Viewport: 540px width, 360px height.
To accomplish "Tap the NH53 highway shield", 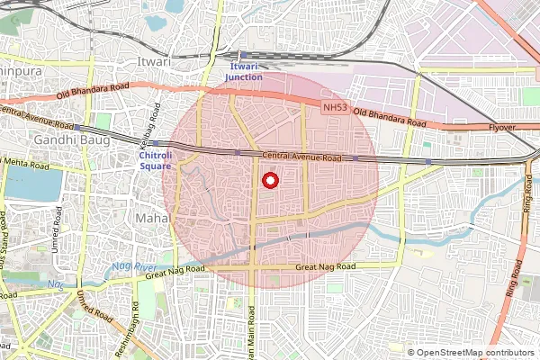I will point(332,108).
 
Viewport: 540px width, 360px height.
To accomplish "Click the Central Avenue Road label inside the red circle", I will point(302,157).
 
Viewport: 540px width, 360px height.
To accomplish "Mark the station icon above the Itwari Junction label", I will point(243,55).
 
